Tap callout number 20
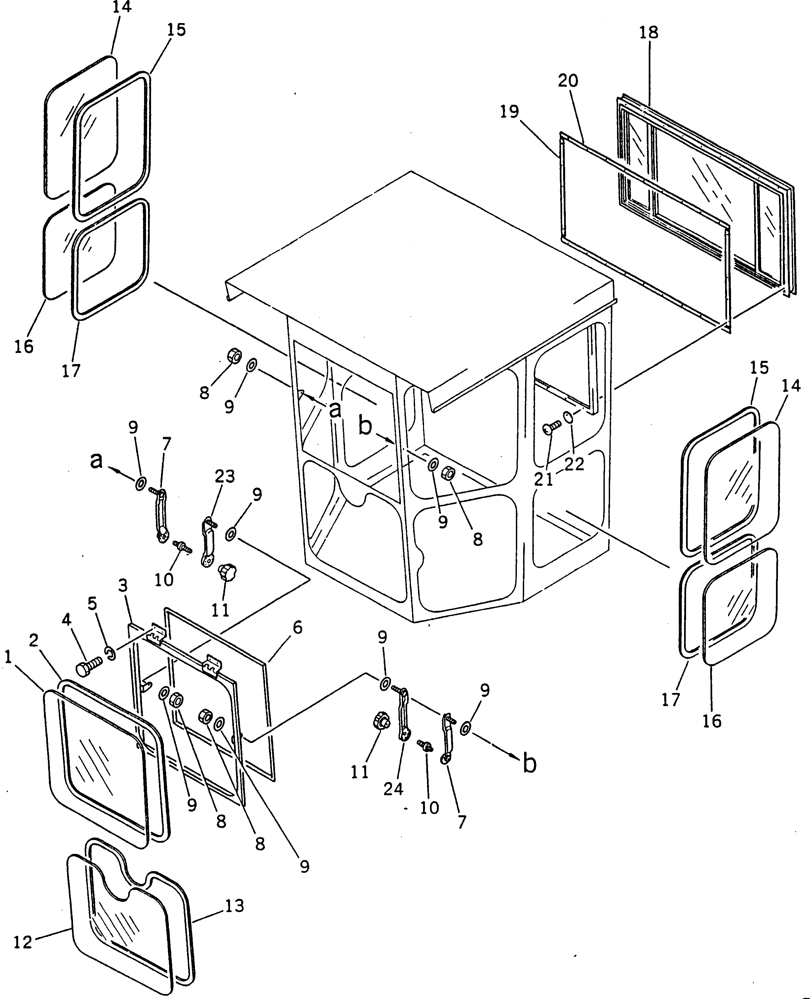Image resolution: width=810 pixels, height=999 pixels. pos(568,81)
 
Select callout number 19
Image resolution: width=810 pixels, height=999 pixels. pos(510,112)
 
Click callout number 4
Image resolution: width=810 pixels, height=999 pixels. pos(67,620)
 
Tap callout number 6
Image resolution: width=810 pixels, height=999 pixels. pos(297,628)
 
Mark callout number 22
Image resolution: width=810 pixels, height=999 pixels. pos(574,464)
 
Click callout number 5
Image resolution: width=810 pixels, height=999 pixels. pos(93,603)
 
